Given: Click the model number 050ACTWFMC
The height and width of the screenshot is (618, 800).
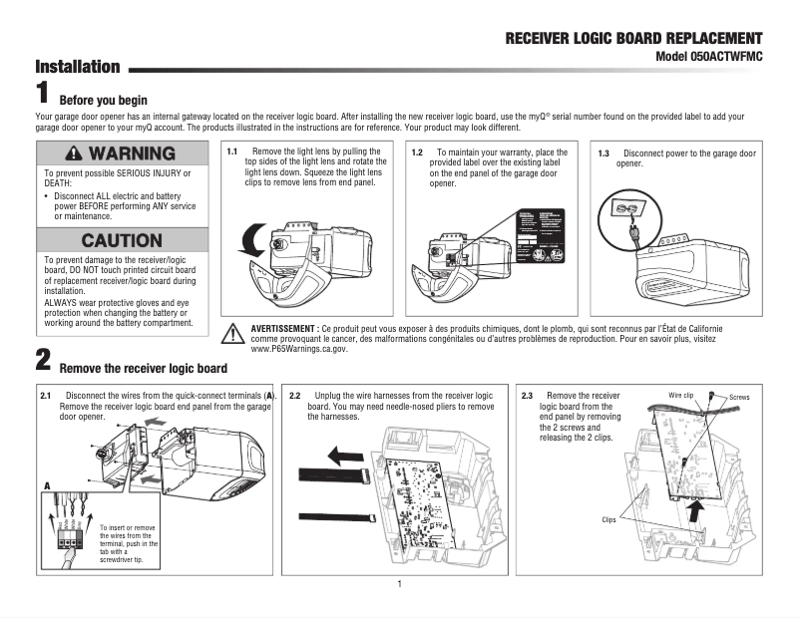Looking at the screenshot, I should (x=708, y=57).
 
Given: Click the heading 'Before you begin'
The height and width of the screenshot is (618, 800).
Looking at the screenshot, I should (x=104, y=101).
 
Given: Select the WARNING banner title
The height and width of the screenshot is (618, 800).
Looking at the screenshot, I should (x=122, y=154).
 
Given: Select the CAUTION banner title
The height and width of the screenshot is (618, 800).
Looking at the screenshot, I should (x=122, y=240).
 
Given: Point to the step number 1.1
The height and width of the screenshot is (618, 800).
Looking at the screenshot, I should (x=231, y=152).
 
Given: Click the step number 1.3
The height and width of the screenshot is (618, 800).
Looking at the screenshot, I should (x=603, y=154).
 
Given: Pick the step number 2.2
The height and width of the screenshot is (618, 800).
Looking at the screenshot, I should (x=295, y=396).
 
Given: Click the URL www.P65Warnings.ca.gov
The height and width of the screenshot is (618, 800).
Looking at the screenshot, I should (x=298, y=349).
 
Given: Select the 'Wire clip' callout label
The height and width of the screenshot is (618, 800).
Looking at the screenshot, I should (x=680, y=397).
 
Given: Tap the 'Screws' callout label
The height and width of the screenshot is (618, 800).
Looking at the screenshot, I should (x=739, y=397).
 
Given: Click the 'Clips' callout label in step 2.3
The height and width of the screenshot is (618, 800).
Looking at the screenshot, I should (x=608, y=519).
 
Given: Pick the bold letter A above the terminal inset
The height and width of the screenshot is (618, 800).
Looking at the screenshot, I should (x=46, y=485).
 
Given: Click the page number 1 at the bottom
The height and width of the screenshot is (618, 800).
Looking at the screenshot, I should (x=399, y=583).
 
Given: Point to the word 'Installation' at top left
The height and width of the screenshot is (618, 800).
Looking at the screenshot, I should (x=78, y=68).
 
